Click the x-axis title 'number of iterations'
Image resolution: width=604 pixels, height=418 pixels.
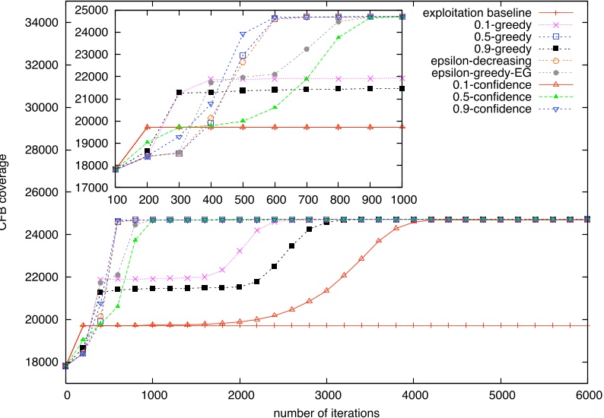click(327, 410)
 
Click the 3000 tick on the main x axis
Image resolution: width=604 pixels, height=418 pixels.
click(327, 395)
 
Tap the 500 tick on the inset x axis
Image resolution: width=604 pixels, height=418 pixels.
click(243, 198)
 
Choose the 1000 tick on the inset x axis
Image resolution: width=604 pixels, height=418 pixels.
click(402, 198)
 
